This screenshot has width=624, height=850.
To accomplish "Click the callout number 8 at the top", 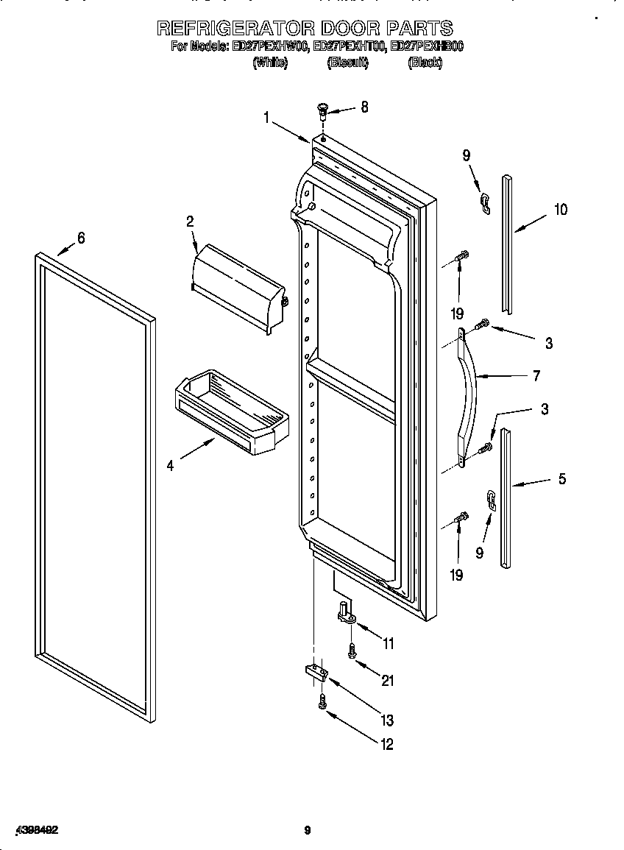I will click(364, 107).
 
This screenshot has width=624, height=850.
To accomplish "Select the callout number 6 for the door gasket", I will click(81, 238).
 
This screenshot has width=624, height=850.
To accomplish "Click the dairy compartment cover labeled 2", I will click(237, 288).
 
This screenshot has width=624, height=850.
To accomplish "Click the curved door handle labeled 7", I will click(469, 397).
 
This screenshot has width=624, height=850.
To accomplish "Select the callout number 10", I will click(560, 210).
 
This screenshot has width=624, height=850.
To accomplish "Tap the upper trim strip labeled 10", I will click(508, 243).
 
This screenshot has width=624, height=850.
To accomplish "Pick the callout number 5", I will click(562, 479).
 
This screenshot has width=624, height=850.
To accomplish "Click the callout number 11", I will click(388, 644).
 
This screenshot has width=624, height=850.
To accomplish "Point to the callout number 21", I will click(387, 681).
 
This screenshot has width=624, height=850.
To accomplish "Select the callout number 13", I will click(387, 720).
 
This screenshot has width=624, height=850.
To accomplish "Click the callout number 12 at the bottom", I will click(386, 744).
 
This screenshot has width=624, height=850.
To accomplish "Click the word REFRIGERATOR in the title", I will click(236, 29).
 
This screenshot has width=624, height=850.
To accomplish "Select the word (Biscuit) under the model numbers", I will click(347, 63).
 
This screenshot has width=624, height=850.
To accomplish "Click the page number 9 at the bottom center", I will click(308, 831).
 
